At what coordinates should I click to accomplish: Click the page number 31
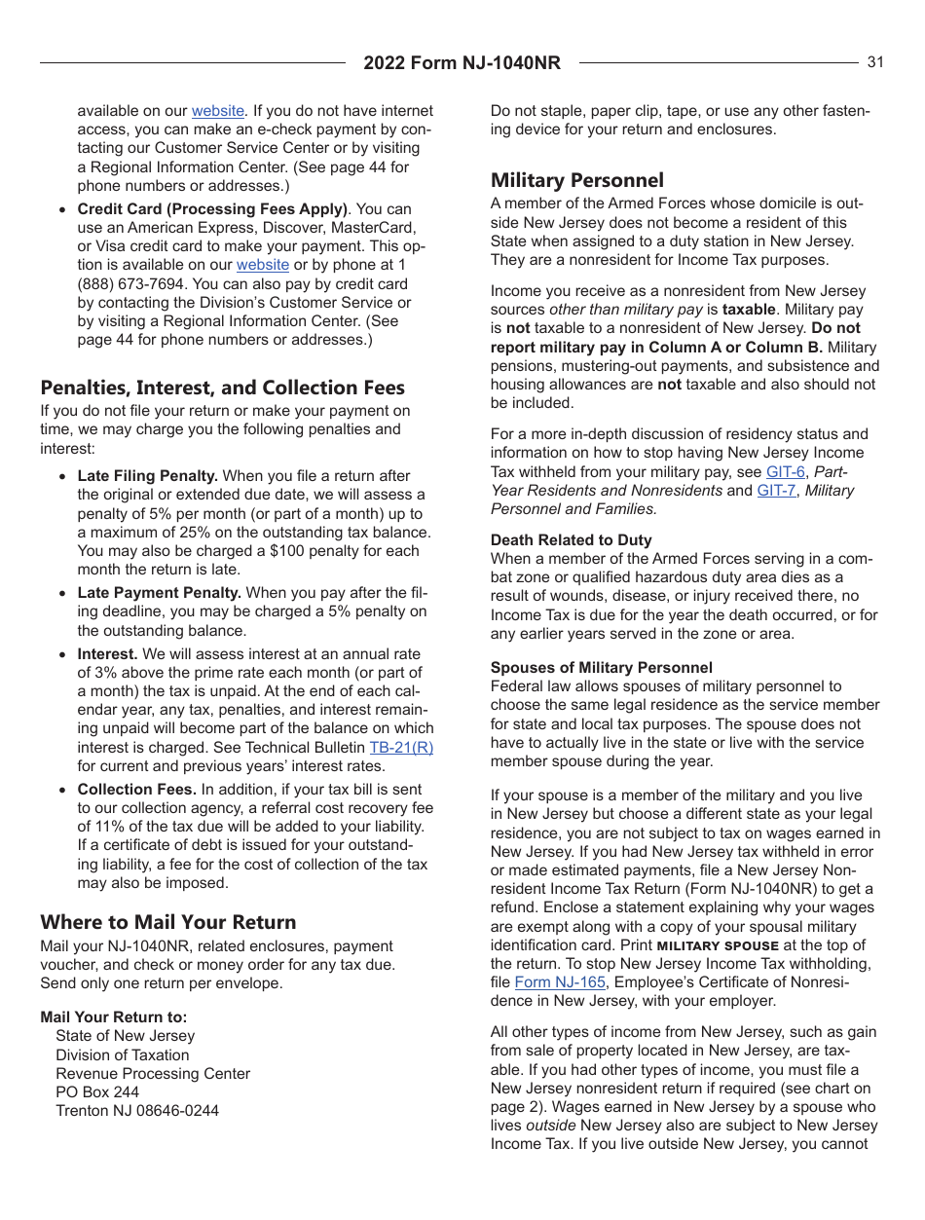pyautogui.click(x=874, y=62)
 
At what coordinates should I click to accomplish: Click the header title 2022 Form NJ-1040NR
pyautogui.click(x=462, y=63)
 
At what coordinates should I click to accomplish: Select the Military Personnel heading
pyautogui.click(x=576, y=180)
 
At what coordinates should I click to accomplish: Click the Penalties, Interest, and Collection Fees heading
pyautogui.click(x=222, y=388)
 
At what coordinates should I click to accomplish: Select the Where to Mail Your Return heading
pyautogui.click(x=167, y=922)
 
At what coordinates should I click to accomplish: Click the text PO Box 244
pyautogui.click(x=96, y=1092)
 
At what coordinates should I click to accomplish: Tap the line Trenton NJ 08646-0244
pyautogui.click(x=136, y=1111)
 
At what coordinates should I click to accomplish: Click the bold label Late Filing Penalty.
pyautogui.click(x=147, y=476)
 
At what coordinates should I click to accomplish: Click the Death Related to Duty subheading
pyautogui.click(x=571, y=540)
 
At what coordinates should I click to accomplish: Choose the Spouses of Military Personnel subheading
pyautogui.click(x=601, y=668)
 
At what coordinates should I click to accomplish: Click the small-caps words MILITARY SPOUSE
pyautogui.click(x=718, y=945)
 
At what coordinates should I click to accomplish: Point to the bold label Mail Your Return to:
pyautogui.click(x=114, y=1017)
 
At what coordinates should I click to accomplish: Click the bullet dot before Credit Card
pyautogui.click(x=63, y=210)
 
